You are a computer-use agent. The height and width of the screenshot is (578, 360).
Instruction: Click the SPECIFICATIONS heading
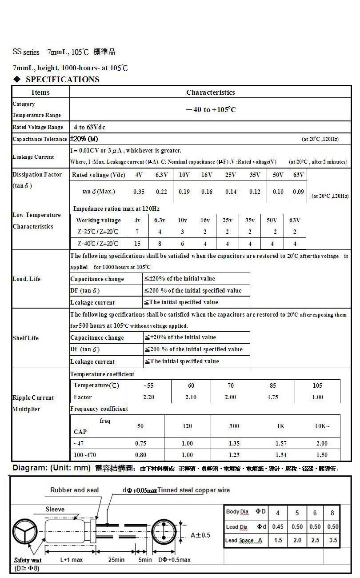tap(62, 80)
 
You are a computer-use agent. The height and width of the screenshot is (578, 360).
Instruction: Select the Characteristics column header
tap(210, 92)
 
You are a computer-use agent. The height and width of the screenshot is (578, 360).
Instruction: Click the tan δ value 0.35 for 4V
tap(139, 192)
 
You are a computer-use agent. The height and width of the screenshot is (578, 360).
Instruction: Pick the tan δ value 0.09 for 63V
tap(299, 192)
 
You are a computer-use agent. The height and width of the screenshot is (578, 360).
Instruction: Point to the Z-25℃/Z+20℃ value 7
tap(137, 232)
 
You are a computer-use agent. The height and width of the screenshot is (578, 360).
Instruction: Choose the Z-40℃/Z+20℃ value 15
tap(137, 244)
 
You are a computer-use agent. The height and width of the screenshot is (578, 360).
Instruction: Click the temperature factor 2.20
tap(148, 397)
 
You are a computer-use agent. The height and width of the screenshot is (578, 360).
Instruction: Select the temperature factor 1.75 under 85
tap(273, 397)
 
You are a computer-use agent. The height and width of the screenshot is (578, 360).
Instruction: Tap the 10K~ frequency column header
tap(322, 426)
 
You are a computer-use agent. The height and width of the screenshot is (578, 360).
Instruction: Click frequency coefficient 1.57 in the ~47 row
tap(281, 443)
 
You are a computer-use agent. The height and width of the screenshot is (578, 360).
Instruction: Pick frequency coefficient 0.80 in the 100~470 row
tap(140, 455)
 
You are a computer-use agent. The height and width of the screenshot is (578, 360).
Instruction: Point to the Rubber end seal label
tap(75, 490)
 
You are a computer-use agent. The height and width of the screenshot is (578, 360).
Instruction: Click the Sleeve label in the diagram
tap(55, 510)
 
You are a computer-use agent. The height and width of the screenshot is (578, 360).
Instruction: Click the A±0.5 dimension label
tap(200, 535)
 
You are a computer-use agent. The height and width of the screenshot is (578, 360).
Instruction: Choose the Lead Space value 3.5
tap(332, 540)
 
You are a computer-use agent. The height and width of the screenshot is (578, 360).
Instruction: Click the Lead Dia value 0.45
tap(278, 527)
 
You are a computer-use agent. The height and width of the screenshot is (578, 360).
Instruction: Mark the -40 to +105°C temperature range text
tap(210, 109)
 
